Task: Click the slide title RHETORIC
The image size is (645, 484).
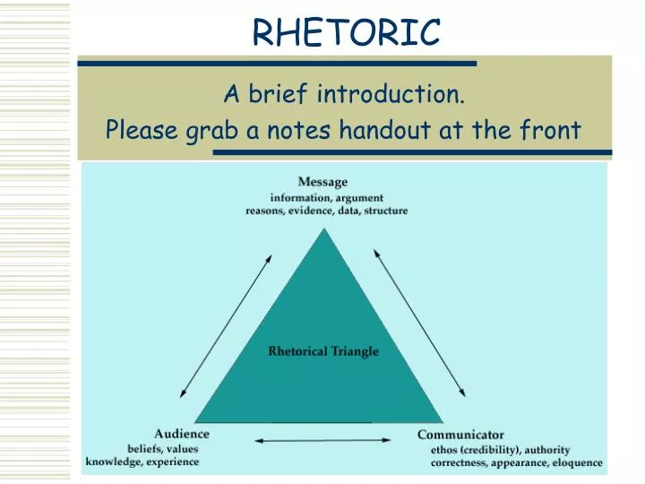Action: click(346, 33)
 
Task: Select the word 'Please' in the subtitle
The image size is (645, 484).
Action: click(142, 132)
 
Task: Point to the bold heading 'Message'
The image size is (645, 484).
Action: click(322, 183)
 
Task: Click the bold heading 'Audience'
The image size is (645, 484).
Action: click(181, 435)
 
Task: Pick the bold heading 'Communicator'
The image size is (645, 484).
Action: click(460, 435)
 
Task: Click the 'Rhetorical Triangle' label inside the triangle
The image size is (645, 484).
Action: click(323, 351)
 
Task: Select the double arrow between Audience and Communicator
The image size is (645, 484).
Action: click(323, 440)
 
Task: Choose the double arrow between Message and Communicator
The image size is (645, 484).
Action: click(419, 323)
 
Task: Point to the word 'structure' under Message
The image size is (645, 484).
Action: click(385, 211)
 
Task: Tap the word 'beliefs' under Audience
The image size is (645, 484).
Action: click(144, 448)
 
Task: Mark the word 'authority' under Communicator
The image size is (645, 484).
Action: click(546, 449)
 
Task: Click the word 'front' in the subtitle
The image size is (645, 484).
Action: click(550, 131)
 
